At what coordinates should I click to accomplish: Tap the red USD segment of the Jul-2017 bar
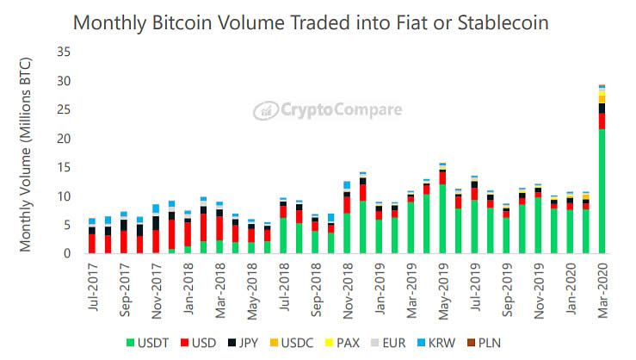[x=92, y=243]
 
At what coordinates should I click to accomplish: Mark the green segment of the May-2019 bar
[x=442, y=219]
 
